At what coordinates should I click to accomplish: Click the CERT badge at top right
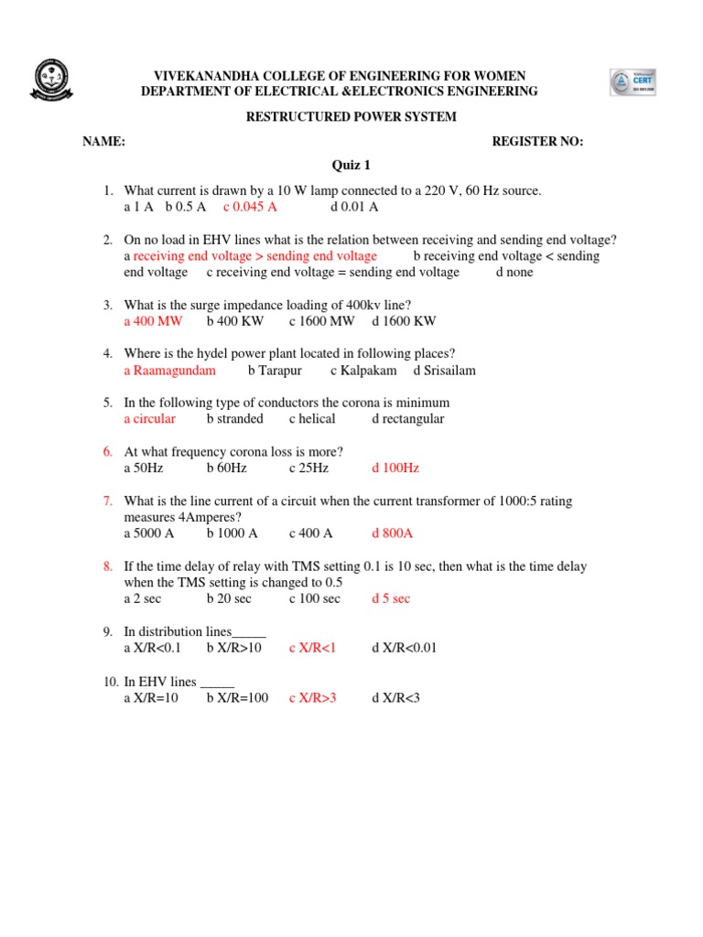point(633,81)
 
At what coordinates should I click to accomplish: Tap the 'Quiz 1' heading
point(351,166)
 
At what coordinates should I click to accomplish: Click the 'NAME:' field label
point(103,141)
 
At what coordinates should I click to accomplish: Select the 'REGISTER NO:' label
point(537,141)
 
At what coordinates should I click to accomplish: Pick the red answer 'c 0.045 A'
point(250,207)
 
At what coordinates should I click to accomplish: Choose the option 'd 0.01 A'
point(348,207)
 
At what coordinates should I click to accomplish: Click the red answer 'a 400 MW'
point(153,321)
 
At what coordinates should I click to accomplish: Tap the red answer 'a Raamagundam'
point(170,371)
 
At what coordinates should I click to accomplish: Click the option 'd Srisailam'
point(444,371)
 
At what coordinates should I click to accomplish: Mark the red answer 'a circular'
point(150,419)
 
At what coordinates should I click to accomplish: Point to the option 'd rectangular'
point(408,419)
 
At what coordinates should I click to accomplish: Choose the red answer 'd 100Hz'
point(395,468)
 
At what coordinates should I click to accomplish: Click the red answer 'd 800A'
point(393,533)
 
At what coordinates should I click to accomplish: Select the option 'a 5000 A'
point(149,533)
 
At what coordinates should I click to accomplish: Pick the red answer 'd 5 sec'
point(391,598)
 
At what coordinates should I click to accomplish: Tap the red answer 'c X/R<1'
point(313,648)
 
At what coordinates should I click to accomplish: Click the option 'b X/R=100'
point(237,697)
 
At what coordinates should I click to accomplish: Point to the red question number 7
point(107,501)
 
